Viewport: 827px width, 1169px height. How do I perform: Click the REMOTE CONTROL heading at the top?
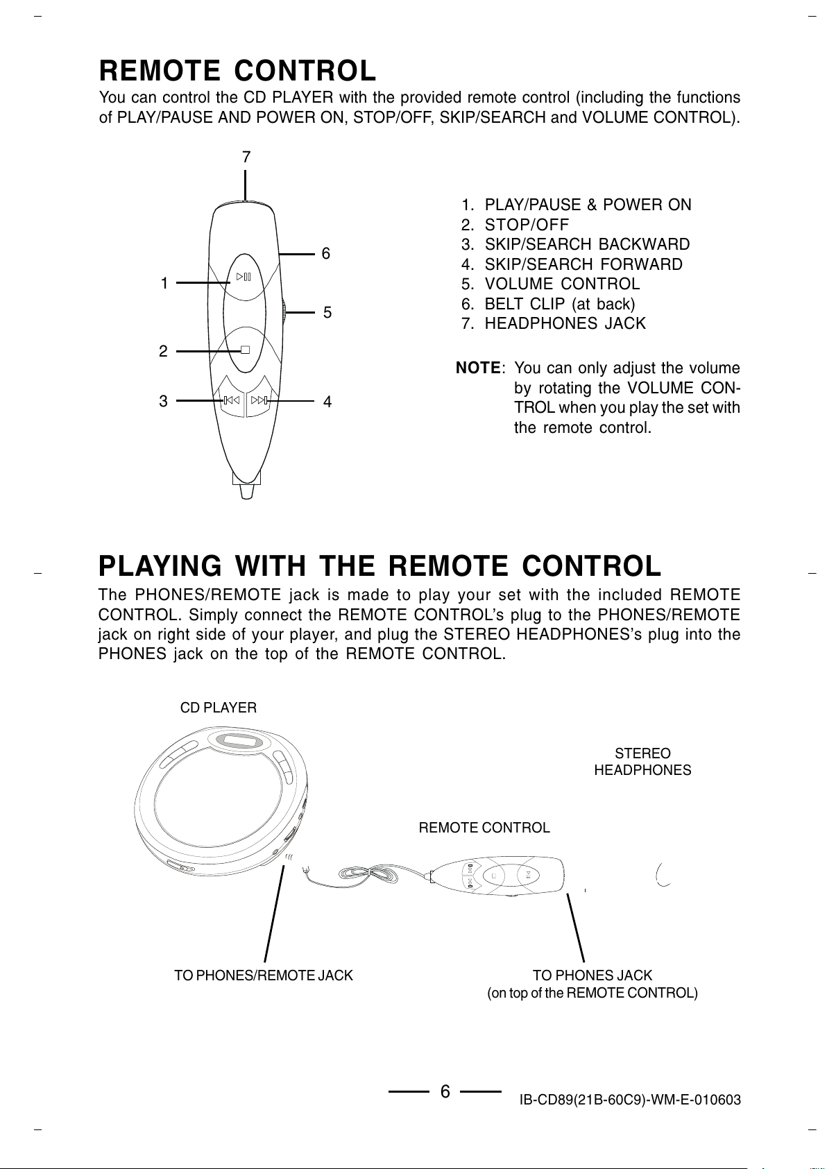(x=237, y=71)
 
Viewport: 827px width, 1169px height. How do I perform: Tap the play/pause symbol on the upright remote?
(x=244, y=277)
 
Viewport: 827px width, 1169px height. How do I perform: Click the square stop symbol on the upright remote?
(x=245, y=350)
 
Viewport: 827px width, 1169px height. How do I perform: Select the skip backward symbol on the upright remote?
(x=231, y=400)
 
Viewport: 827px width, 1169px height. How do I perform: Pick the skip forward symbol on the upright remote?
(x=259, y=400)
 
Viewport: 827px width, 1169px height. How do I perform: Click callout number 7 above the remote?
(x=246, y=157)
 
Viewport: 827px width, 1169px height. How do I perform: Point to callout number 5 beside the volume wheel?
(x=327, y=313)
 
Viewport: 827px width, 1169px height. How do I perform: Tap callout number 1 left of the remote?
(x=164, y=283)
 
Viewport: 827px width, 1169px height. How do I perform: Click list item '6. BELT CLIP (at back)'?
(x=548, y=304)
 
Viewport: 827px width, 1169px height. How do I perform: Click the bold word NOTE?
(x=478, y=368)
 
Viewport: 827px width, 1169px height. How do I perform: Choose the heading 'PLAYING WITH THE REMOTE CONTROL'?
(x=380, y=566)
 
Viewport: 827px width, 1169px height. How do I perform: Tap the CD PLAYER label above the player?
(x=218, y=708)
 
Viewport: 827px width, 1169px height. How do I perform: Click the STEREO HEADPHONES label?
(x=642, y=762)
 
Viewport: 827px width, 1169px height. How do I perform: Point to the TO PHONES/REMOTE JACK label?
(x=263, y=975)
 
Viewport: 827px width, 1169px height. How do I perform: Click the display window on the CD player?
(x=239, y=741)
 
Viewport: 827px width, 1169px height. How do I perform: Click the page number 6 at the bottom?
(x=445, y=1092)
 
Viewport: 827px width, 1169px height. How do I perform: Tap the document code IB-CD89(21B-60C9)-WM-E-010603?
(x=630, y=1100)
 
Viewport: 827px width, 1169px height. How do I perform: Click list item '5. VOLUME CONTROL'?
(x=550, y=284)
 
